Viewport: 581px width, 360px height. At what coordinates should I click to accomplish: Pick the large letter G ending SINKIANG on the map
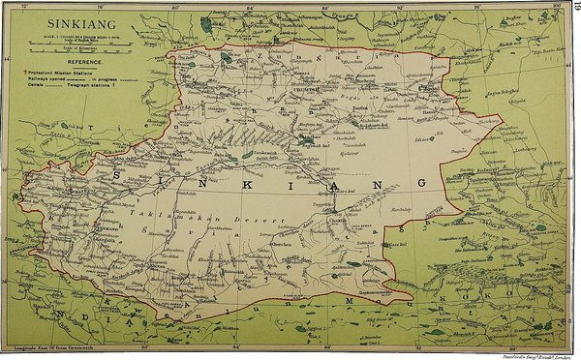[420, 183]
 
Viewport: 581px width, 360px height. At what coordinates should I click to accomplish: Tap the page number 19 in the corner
[573, 9]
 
